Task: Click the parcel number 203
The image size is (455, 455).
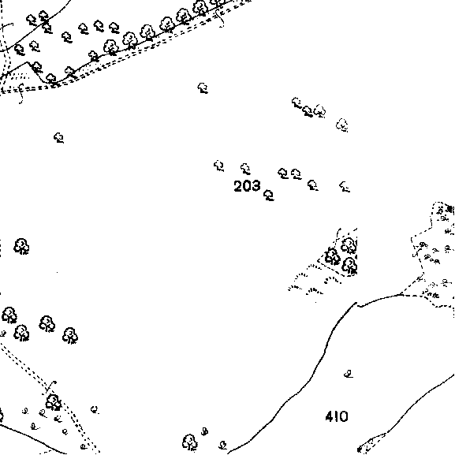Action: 247,186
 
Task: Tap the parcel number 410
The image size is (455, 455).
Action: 337,416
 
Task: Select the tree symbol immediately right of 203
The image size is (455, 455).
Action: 269,196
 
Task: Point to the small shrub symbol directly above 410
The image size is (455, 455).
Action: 349,375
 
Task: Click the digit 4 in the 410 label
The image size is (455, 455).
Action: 330,416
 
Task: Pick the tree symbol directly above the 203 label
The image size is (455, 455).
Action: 245,169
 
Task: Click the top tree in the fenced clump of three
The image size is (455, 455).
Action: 349,246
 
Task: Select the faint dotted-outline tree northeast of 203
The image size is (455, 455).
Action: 342,125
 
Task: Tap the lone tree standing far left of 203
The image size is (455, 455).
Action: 59,138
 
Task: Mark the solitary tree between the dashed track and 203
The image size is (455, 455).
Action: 203,88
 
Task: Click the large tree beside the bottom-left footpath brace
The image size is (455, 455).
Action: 54,402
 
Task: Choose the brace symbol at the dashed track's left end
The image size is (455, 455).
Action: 21,93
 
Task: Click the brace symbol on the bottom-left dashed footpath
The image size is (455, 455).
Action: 50,386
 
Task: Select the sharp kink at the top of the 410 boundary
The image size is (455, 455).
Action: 356,304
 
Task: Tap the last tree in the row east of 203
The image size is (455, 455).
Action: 345,187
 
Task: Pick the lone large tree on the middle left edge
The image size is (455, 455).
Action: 21,247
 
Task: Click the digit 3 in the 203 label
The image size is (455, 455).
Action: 256,186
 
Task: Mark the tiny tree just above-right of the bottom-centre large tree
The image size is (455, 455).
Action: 204,431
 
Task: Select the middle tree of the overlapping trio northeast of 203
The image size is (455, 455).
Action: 308,111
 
